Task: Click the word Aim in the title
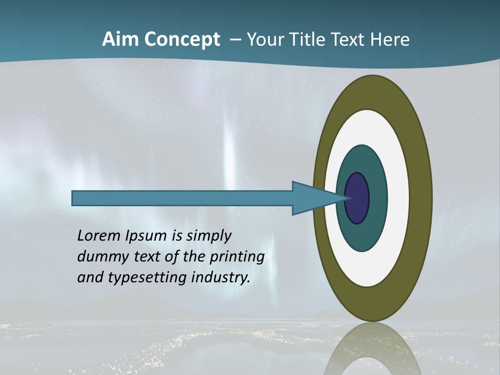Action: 120,40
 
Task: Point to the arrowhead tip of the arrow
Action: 346,198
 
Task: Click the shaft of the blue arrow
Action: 182,198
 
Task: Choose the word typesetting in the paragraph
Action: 147,278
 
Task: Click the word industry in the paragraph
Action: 221,278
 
